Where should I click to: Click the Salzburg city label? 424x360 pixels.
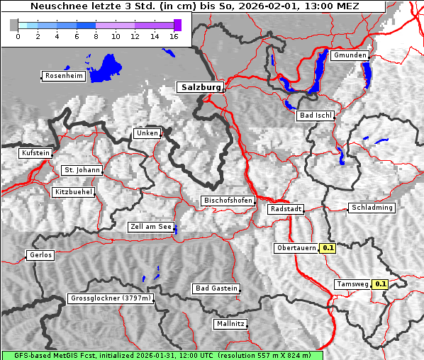point(200,87)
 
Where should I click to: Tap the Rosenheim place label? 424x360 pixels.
point(63,76)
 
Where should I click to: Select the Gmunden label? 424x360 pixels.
point(350,55)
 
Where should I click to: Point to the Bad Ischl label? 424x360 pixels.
point(316,116)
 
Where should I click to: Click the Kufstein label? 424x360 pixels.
point(35,153)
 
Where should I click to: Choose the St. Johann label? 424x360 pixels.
point(82,170)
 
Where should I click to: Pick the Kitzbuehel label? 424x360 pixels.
point(74,192)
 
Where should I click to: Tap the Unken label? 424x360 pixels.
point(147,133)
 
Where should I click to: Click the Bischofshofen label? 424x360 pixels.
point(228,201)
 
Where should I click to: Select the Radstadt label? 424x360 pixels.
point(286,209)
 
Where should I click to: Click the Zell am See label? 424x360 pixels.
point(150,227)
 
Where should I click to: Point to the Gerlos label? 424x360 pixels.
point(40,255)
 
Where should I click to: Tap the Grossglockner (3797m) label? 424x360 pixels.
point(111,299)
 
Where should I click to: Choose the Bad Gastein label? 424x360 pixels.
point(216,288)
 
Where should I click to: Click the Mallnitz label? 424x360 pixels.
point(230,324)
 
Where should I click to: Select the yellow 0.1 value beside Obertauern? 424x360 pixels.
point(328,248)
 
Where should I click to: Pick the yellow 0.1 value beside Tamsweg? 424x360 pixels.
point(381,284)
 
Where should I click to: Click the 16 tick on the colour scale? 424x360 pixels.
point(174,36)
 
